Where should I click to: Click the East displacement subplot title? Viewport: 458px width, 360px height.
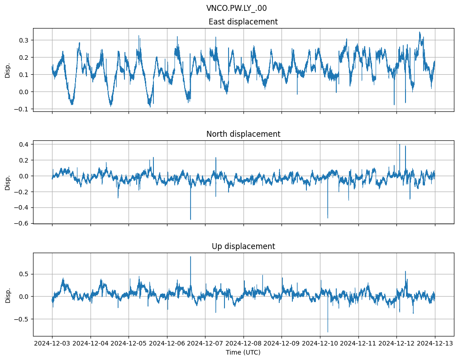243,22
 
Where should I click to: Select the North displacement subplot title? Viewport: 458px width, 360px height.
243,134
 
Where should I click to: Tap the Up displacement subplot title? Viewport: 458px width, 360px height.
243,246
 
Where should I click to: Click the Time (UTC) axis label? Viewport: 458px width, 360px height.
243,352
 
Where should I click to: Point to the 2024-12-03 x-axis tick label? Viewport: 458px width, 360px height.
52,344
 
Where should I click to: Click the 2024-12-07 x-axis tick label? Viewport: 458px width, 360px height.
205,344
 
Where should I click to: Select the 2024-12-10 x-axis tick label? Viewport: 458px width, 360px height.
320,344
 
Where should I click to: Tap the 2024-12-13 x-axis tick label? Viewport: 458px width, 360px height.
435,344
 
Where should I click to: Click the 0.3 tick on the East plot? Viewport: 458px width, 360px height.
24,40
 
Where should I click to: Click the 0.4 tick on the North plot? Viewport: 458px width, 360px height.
24,144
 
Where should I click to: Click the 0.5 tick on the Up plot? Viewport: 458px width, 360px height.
24,274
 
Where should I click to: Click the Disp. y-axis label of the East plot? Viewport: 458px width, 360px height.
8,70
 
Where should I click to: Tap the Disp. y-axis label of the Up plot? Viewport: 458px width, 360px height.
8,294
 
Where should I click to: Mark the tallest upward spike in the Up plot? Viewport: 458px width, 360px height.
191,257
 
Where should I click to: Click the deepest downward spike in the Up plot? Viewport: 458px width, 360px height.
328,332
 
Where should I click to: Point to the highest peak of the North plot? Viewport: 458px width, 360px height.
400,144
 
